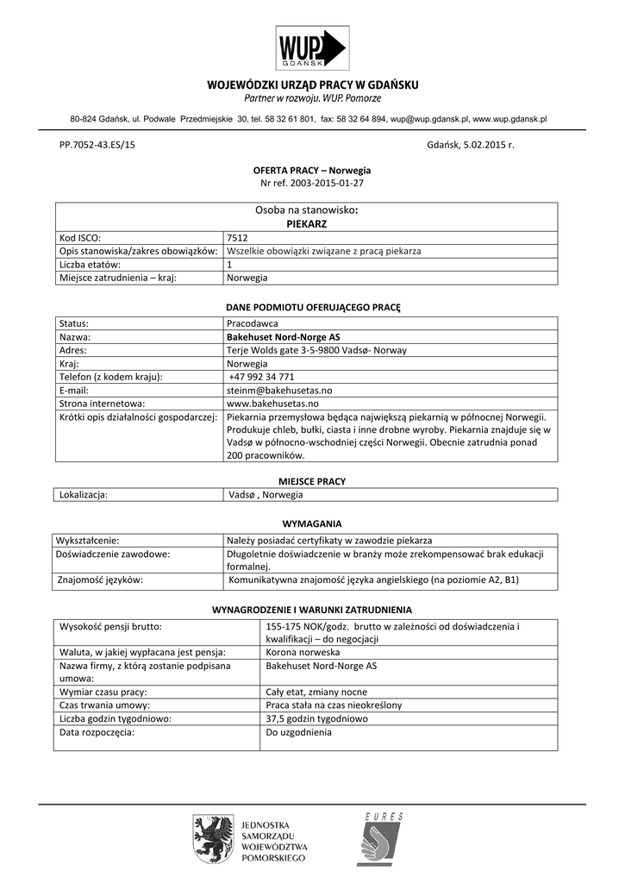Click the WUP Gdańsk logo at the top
click(311, 47)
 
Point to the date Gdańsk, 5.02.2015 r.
click(470, 145)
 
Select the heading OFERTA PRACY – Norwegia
click(311, 171)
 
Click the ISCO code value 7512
click(237, 237)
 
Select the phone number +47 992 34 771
click(262, 377)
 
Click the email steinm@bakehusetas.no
click(278, 391)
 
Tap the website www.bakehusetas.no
click(272, 404)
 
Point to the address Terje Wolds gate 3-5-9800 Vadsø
click(316, 350)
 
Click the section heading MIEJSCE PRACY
click(311, 480)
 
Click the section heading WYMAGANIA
click(312, 523)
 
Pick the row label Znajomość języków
click(100, 580)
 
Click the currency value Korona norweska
click(303, 652)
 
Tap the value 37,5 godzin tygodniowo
click(316, 718)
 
